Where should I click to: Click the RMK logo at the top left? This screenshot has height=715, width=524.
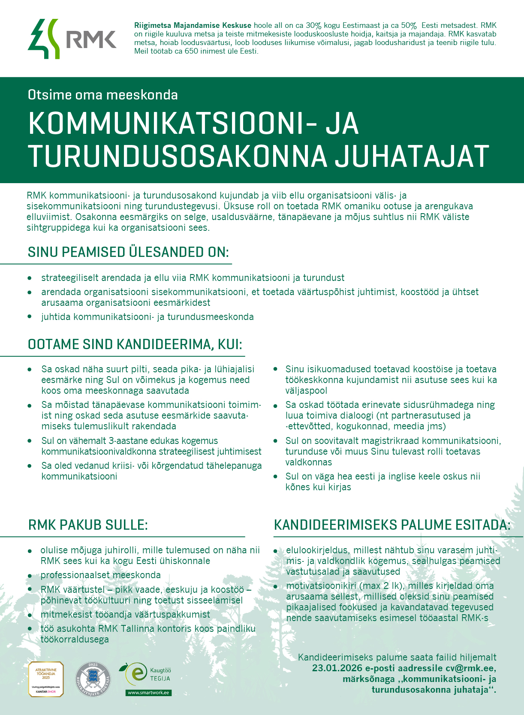click(x=72, y=39)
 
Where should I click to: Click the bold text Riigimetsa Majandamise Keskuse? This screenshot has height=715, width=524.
click(x=193, y=26)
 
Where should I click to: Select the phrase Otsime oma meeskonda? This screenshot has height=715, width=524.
click(x=102, y=95)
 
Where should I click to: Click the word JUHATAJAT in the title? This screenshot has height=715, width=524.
click(x=412, y=156)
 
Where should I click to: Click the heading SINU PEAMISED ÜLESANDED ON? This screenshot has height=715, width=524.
click(x=128, y=252)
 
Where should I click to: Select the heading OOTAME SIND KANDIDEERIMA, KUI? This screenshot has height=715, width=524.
click(x=135, y=344)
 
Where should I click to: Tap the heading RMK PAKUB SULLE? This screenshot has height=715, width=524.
click(x=88, y=525)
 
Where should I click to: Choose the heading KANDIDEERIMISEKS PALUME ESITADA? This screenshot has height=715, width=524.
click(x=392, y=525)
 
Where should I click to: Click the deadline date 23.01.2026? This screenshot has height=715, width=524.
click(x=337, y=668)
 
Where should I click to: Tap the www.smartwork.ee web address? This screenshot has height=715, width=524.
click(x=148, y=693)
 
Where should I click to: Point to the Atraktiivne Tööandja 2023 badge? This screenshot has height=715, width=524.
click(x=46, y=679)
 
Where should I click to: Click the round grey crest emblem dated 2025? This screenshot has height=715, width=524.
click(x=93, y=679)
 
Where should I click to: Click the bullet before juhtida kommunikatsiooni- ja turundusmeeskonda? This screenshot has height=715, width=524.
click(x=30, y=317)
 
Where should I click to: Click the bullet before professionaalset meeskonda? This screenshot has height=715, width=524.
click(x=30, y=576)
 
